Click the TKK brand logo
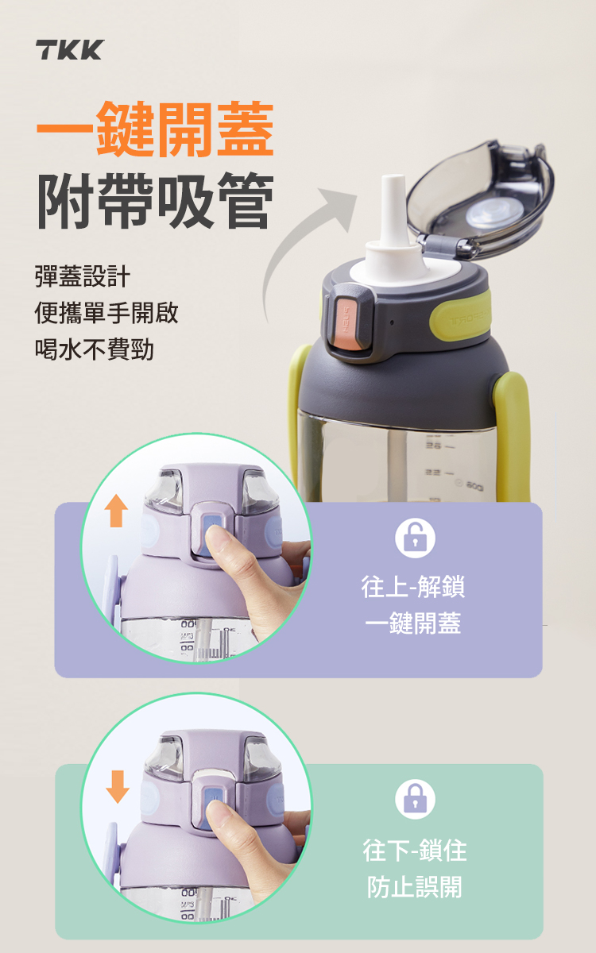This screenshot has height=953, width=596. coord(70,50)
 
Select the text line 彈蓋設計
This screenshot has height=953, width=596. coord(83,276)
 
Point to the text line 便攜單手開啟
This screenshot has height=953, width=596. coord(106,313)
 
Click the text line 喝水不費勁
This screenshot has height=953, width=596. coord(94,349)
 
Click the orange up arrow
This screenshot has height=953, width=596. coord(116,511)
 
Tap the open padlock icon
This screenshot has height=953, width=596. coord(415,538)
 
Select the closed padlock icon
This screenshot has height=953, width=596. coord(415,799)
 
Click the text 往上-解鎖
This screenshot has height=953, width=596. coord(413,587)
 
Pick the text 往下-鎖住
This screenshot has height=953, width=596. coord(415,850)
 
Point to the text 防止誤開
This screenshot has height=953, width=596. coord(415,887)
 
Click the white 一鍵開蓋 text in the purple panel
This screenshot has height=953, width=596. coord(413,623)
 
